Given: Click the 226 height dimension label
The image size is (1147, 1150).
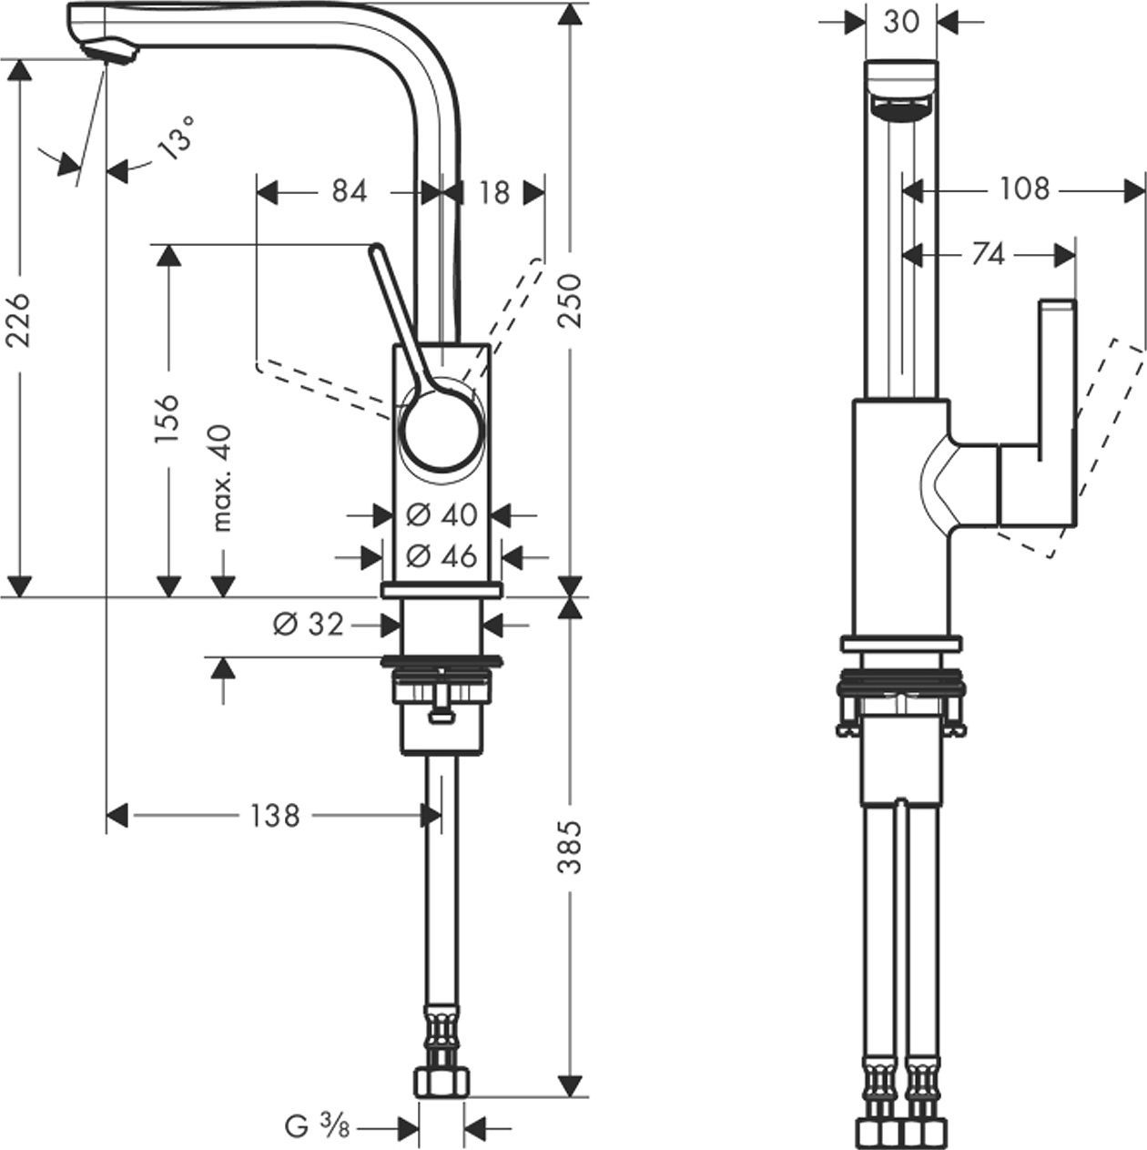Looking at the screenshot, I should pyautogui.click(x=20, y=320).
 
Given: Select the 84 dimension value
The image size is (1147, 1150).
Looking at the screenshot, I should pyautogui.click(x=349, y=192).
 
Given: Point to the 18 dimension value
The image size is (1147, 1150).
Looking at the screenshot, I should pyautogui.click(x=494, y=192).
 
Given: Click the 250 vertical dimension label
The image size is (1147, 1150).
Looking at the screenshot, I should pyautogui.click(x=570, y=300).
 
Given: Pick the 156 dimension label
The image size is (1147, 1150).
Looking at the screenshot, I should pyautogui.click(x=167, y=419).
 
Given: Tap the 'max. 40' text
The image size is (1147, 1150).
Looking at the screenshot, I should pyautogui.click(x=222, y=478).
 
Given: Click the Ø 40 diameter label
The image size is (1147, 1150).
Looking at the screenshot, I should pyautogui.click(x=442, y=514).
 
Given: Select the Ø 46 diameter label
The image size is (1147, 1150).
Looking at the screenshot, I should pyautogui.click(x=442, y=555).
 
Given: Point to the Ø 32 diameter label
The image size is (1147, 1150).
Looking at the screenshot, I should pyautogui.click(x=309, y=624).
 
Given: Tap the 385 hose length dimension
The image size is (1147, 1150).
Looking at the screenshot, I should pyautogui.click(x=570, y=847).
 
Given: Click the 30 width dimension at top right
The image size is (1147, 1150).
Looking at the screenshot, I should pyautogui.click(x=901, y=21).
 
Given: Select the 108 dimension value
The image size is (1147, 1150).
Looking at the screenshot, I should pyautogui.click(x=1025, y=189).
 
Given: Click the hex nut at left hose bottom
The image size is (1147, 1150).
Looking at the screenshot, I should pyautogui.click(x=442, y=1083).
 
